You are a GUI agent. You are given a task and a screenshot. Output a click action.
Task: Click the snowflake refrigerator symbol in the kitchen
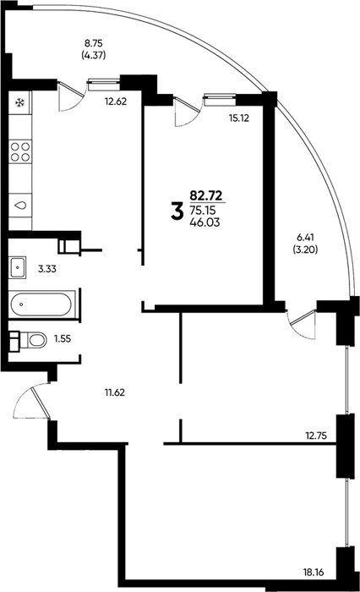(19, 102)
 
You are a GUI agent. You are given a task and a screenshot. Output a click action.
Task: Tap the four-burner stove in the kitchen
(20, 151)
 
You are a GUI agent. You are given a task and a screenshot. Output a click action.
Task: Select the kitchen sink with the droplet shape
(20, 205)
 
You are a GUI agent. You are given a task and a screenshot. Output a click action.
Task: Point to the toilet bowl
(32, 340)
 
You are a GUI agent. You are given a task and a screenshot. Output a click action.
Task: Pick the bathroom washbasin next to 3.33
(18, 267)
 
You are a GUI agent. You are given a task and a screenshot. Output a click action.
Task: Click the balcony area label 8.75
(93, 43)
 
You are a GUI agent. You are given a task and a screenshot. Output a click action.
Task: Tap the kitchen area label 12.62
(116, 101)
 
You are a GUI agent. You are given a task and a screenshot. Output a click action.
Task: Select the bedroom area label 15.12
(239, 118)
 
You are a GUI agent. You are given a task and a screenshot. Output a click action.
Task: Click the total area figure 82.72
(206, 195)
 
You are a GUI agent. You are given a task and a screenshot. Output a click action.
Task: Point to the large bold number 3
(177, 211)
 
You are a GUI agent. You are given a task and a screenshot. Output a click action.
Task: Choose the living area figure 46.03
(205, 222)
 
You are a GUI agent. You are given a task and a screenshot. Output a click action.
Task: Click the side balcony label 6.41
(305, 237)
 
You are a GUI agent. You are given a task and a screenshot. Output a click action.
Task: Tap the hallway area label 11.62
(115, 392)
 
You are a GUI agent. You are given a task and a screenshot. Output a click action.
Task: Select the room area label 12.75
(316, 436)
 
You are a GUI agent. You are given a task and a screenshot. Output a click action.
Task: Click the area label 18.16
(314, 573)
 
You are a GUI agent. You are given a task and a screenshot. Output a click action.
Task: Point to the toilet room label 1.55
(63, 338)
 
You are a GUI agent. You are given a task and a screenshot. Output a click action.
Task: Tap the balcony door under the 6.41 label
(302, 325)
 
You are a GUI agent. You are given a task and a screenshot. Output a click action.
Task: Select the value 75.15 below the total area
(204, 210)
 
